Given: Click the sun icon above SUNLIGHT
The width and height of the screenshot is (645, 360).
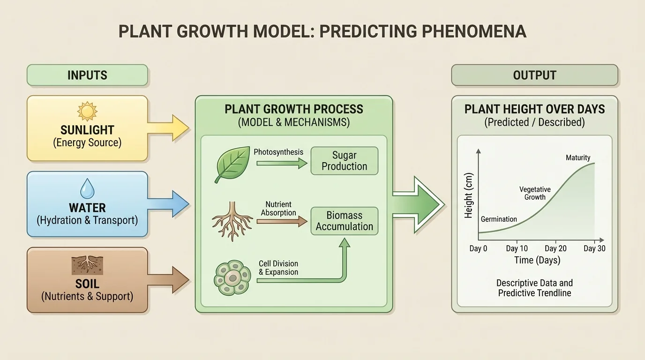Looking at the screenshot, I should click(x=87, y=111).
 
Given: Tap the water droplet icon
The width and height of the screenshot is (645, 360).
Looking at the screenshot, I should click(x=87, y=189).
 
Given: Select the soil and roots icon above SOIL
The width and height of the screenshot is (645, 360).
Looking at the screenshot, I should click(x=87, y=265).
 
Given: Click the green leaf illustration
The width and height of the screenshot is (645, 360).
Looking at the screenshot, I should click(x=232, y=164).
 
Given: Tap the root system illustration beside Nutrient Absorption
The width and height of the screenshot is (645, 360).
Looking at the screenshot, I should click(x=232, y=221).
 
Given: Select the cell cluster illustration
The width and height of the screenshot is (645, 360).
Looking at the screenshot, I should click(x=232, y=278).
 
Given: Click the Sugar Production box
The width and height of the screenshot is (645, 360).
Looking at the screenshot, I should click(x=344, y=161).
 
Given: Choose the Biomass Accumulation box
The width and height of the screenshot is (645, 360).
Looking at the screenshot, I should click(x=344, y=221).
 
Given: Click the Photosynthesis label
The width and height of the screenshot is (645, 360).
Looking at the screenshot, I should click(x=278, y=152).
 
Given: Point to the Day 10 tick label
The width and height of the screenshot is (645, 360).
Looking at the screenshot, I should click(x=517, y=248).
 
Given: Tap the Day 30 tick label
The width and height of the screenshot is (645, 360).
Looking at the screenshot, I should click(x=594, y=248).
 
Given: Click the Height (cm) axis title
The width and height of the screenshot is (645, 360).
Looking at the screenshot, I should click(x=469, y=196).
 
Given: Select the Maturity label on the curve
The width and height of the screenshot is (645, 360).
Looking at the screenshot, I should click(x=578, y=157).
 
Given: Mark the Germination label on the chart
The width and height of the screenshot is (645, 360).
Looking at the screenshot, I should click(x=499, y=219).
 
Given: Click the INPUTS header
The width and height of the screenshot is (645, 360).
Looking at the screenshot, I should click(x=87, y=75).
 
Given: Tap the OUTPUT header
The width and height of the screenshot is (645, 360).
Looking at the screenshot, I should click(x=534, y=75).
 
